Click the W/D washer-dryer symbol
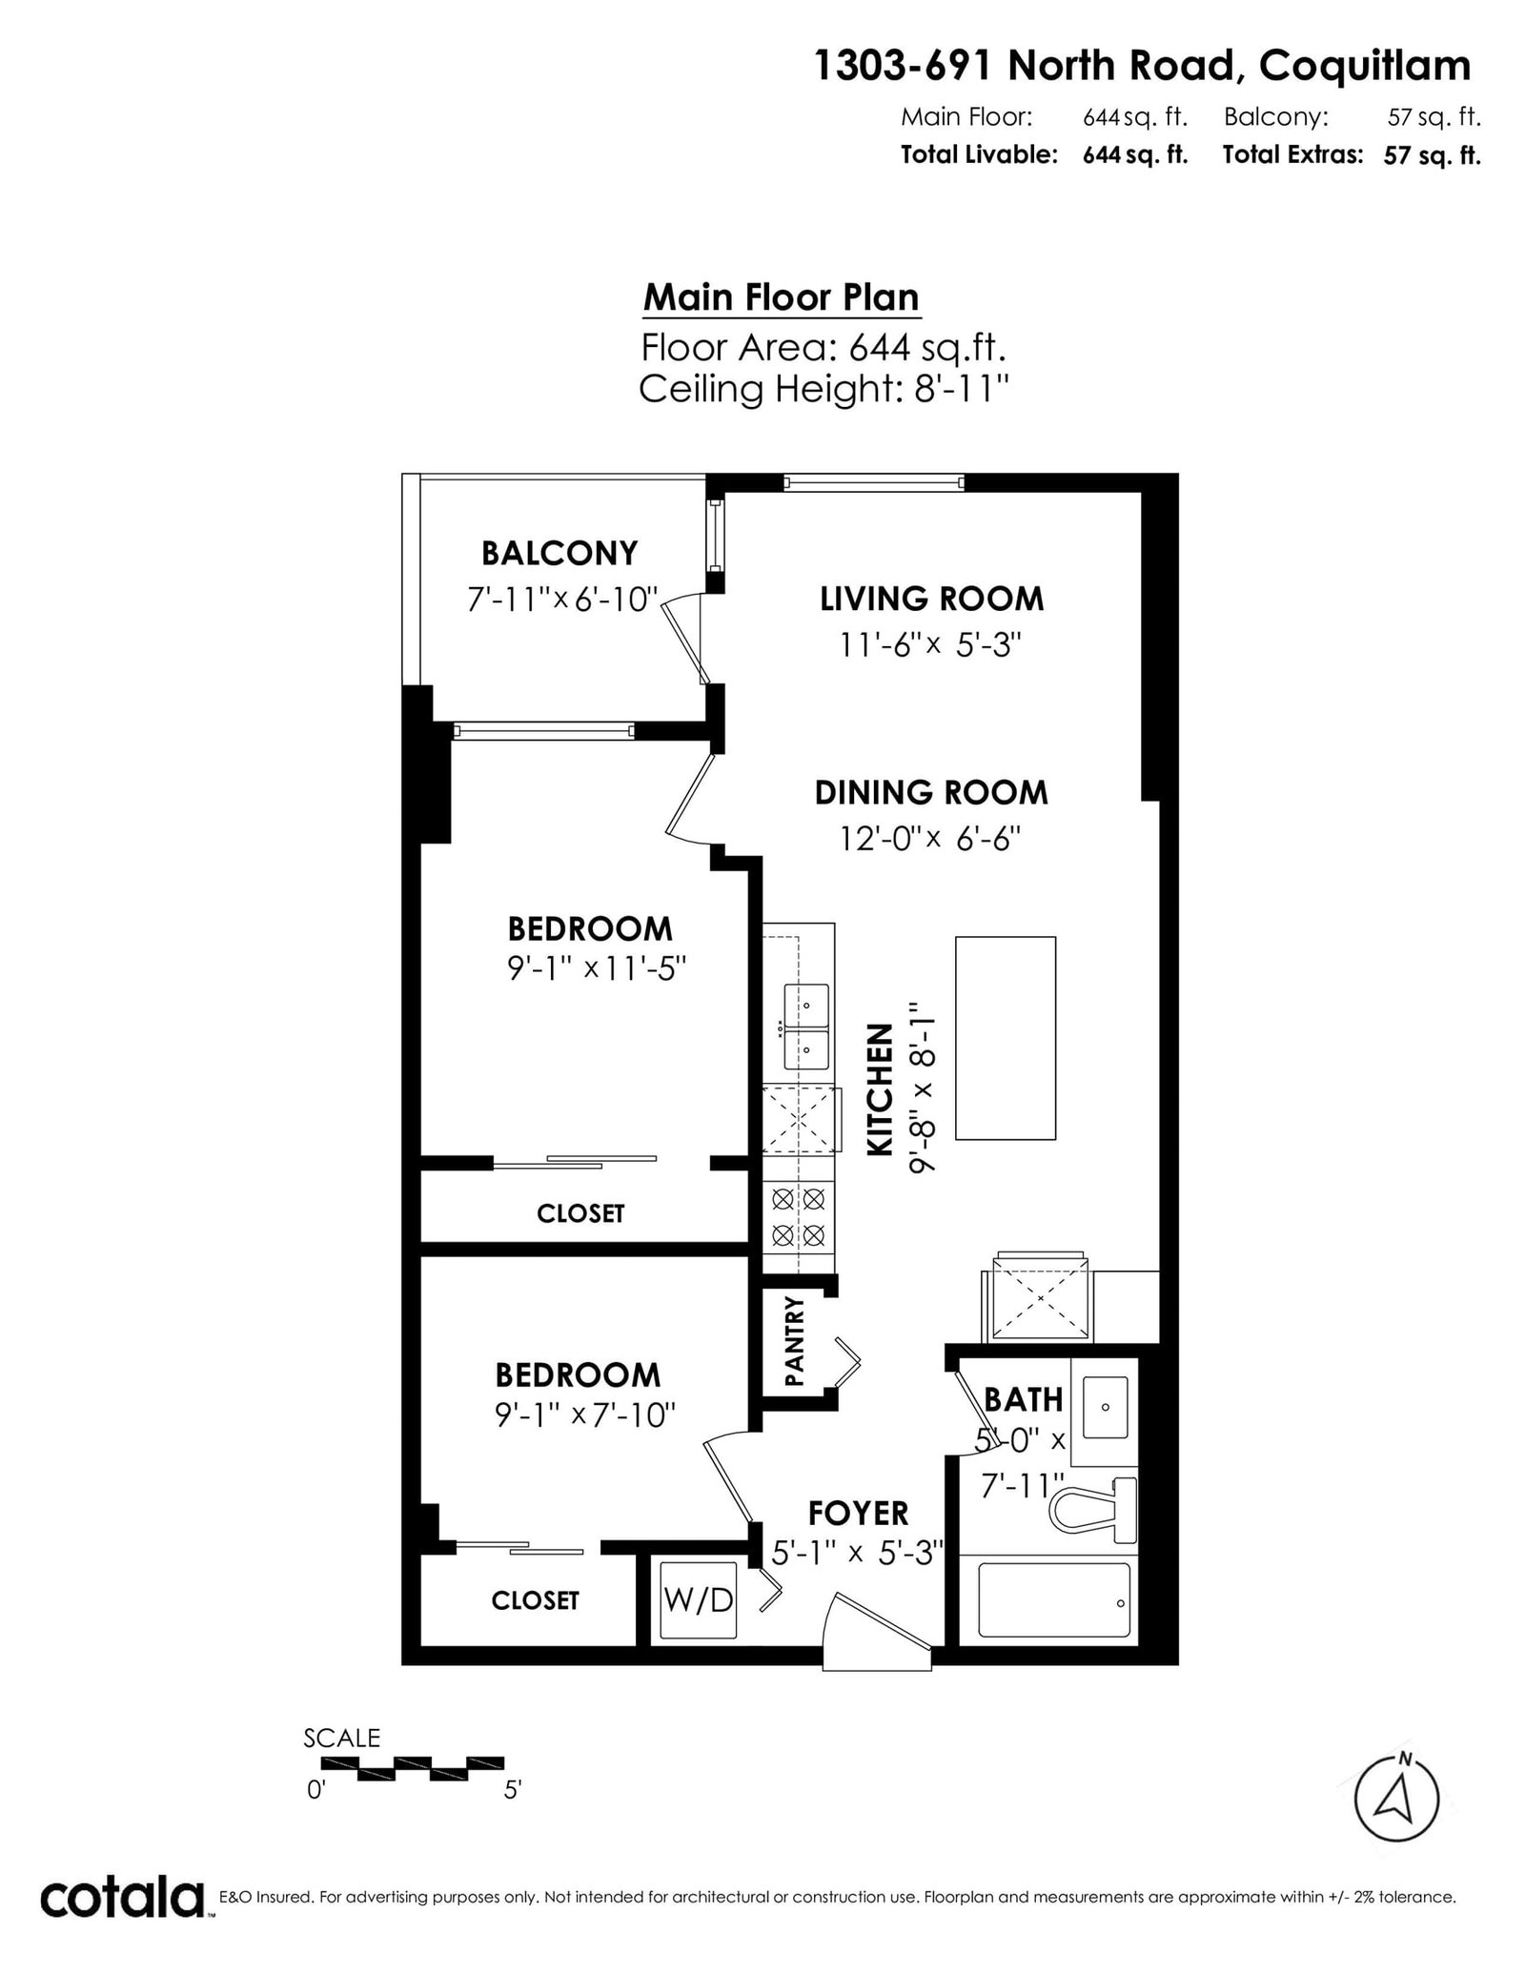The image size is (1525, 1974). pos(699,1599)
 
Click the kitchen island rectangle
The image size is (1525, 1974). pos(1006,1038)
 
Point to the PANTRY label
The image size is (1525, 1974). pos(794,1341)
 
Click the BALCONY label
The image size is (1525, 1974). pos(559,553)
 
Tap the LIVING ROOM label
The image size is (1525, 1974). pos(932,599)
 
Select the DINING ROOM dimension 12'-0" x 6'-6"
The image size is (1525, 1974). pos(930,839)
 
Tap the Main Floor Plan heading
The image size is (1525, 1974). pos(782,297)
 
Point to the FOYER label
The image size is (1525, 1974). pos(858,1513)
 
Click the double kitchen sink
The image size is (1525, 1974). pos(806,1027)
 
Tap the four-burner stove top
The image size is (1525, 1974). pos(799,1216)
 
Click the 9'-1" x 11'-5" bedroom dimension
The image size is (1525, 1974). pos(597,968)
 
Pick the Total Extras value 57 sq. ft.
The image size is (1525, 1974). pos(1433,155)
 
